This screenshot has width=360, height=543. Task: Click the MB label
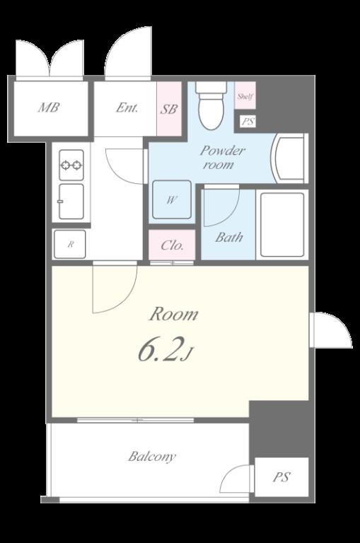coord(49,107)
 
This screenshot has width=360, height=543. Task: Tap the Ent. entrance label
coord(127,107)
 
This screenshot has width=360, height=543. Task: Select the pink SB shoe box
coord(169,109)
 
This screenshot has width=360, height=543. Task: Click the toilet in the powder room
coord(211,105)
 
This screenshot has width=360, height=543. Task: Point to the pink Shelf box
coord(245,95)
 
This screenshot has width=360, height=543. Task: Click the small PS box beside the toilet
coord(248,122)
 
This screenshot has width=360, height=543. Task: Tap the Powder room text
coord(223,158)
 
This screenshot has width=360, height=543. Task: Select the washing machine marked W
coord(172,200)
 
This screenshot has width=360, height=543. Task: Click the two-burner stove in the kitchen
coord(71,165)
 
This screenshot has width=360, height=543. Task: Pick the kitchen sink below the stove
coord(71,202)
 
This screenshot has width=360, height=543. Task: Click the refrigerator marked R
coord(70,244)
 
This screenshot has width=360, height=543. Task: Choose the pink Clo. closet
coord(172,245)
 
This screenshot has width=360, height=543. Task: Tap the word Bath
coord(228,238)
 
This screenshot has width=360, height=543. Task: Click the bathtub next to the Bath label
coord(282,224)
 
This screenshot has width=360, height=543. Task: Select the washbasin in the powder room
coord(291,158)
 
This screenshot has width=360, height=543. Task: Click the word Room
coord(173,314)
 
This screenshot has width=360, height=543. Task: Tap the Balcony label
coord(152,457)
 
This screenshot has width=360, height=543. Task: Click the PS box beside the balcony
coord(281,477)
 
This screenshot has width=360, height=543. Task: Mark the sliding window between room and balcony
coord(135,421)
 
